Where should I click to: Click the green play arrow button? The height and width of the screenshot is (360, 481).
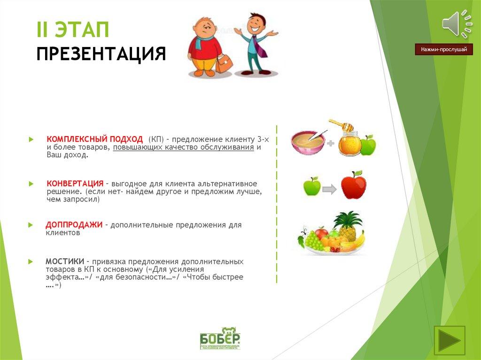(x=450, y=340)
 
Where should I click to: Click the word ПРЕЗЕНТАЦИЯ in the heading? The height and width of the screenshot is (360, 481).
(x=101, y=54)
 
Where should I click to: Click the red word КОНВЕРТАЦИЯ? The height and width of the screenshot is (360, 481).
(x=75, y=183)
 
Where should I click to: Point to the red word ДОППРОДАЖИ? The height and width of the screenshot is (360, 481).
(x=74, y=225)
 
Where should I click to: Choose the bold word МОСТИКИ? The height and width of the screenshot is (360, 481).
(x=65, y=261)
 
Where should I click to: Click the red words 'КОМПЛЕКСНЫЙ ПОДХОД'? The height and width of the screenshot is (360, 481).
(x=94, y=139)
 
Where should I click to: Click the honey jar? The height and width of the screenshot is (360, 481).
(x=349, y=142)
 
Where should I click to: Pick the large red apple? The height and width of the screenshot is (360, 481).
(x=353, y=186)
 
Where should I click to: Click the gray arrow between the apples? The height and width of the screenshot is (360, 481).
(x=330, y=190)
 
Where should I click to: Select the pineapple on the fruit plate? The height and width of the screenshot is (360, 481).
(x=348, y=225)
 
